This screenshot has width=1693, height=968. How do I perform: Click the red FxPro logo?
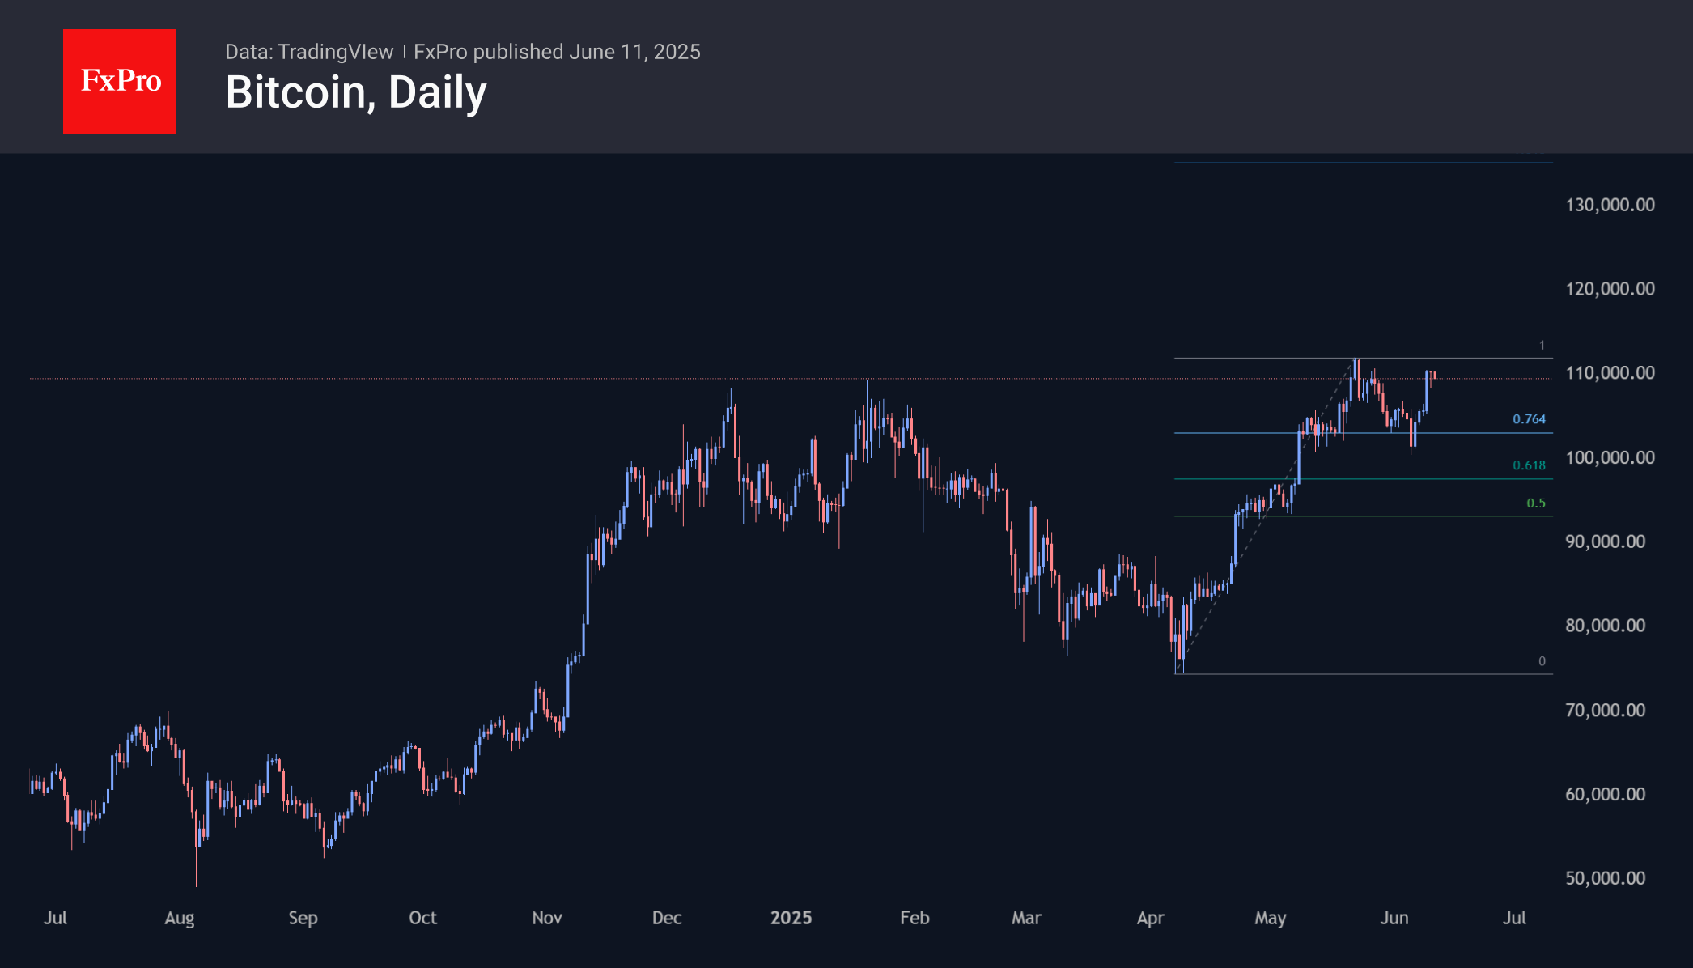[x=120, y=81]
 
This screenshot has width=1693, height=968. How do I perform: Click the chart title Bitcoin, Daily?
[x=356, y=92]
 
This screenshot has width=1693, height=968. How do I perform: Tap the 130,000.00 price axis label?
[x=1610, y=205]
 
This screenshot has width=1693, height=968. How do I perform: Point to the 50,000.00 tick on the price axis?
[x=1605, y=878]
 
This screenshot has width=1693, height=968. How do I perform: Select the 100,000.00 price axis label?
[x=1610, y=457]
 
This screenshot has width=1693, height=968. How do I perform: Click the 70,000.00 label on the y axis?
[x=1605, y=710]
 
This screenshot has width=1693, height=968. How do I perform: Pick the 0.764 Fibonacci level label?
[x=1529, y=419]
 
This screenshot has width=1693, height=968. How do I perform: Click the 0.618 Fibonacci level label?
[x=1529, y=465]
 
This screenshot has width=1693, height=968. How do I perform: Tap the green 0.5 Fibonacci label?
[x=1535, y=503]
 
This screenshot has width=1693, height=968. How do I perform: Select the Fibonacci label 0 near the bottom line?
[x=1542, y=661]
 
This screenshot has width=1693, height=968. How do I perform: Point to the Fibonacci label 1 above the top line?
[x=1542, y=346]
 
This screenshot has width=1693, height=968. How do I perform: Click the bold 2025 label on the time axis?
[x=791, y=918]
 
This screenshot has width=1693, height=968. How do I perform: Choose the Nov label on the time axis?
[x=547, y=918]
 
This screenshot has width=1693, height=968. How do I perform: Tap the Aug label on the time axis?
[x=180, y=918]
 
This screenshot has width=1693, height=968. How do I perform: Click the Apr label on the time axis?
[x=1150, y=918]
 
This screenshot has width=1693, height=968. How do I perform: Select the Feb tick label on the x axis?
[x=914, y=918]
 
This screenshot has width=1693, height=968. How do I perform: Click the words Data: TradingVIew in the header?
[x=309, y=52]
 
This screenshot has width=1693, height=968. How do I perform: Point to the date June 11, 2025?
[x=634, y=52]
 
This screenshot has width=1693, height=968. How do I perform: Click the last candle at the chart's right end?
[x=1434, y=375]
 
